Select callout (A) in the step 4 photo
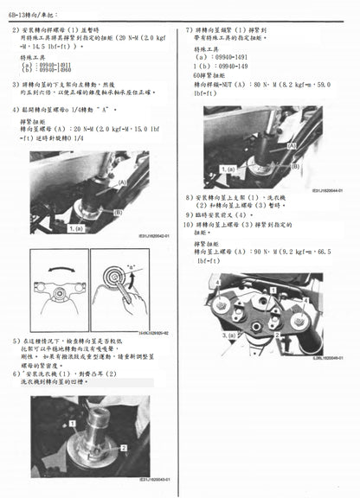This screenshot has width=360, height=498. tap(121, 183)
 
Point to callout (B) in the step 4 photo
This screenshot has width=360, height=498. tap(118, 211)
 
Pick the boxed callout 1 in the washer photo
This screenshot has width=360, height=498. tap(75, 414)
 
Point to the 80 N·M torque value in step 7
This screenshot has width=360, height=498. tap(259, 84)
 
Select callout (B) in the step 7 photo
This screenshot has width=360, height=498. tap(295, 166)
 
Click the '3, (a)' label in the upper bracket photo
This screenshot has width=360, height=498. tap(230, 334)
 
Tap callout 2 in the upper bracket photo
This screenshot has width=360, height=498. tap(276, 334)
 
